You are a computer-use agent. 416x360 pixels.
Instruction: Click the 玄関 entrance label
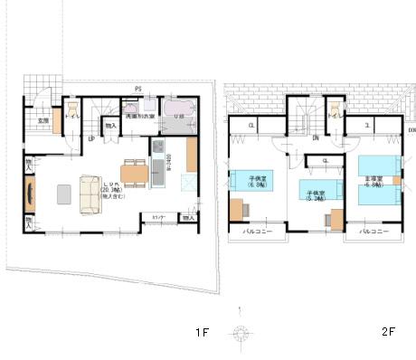(x=43, y=119)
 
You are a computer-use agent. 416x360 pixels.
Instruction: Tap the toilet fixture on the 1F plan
(x=71, y=117)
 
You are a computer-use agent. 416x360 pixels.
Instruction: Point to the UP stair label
(x=92, y=138)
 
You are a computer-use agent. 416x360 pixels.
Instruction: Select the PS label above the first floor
(x=137, y=88)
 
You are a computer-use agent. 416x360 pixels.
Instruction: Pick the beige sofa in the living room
(x=91, y=194)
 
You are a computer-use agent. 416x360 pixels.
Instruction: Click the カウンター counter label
(x=157, y=218)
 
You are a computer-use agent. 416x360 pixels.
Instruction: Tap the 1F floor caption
(x=202, y=333)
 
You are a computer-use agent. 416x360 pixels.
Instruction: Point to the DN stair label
(x=315, y=138)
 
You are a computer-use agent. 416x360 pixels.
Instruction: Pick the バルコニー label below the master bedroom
(x=374, y=232)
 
